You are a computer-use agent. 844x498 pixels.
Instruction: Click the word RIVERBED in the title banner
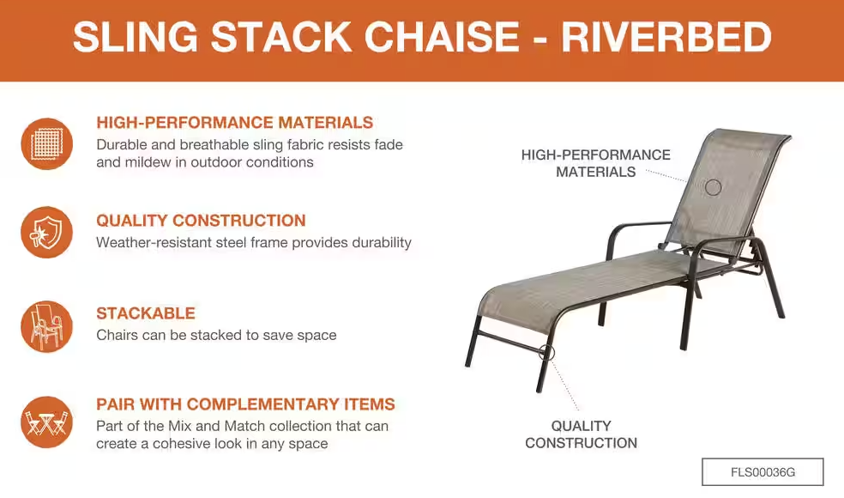tap(666, 37)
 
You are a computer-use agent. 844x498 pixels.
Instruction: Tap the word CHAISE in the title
tap(442, 37)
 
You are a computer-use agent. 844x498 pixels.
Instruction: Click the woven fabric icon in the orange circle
tap(47, 144)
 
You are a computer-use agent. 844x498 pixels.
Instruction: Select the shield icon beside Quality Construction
tap(47, 233)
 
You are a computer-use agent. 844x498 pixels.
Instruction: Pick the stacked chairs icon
tap(47, 326)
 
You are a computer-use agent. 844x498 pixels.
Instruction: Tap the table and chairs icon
tap(47, 422)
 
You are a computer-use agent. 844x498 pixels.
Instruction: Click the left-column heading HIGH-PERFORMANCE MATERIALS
tap(235, 122)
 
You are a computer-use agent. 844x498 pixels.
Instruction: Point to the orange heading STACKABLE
tap(146, 313)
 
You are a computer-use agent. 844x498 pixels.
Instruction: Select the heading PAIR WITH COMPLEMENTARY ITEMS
tap(245, 404)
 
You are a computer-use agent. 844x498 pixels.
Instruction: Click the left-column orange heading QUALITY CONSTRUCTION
tap(201, 221)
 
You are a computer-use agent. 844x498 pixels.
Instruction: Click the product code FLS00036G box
tap(763, 472)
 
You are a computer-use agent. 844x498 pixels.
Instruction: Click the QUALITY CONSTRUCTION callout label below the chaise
tap(582, 434)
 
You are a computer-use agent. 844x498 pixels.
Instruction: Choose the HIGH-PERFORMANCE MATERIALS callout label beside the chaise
tap(596, 163)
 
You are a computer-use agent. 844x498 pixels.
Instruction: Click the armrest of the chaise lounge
tap(641, 224)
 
